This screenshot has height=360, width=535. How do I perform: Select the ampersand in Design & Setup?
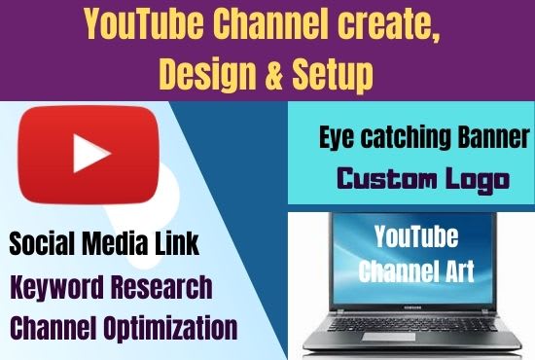click(x=273, y=73)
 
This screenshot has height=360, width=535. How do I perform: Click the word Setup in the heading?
click(x=333, y=76)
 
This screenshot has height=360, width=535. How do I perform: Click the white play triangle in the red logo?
click(x=91, y=153)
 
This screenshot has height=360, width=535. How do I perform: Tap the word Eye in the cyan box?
click(x=338, y=138)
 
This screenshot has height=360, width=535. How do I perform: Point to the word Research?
click(x=162, y=287)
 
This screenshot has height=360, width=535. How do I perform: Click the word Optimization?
click(x=170, y=328)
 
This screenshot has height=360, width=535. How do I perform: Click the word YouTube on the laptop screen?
click(x=416, y=236)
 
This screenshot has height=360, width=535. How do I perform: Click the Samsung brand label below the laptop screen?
click(x=412, y=306)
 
